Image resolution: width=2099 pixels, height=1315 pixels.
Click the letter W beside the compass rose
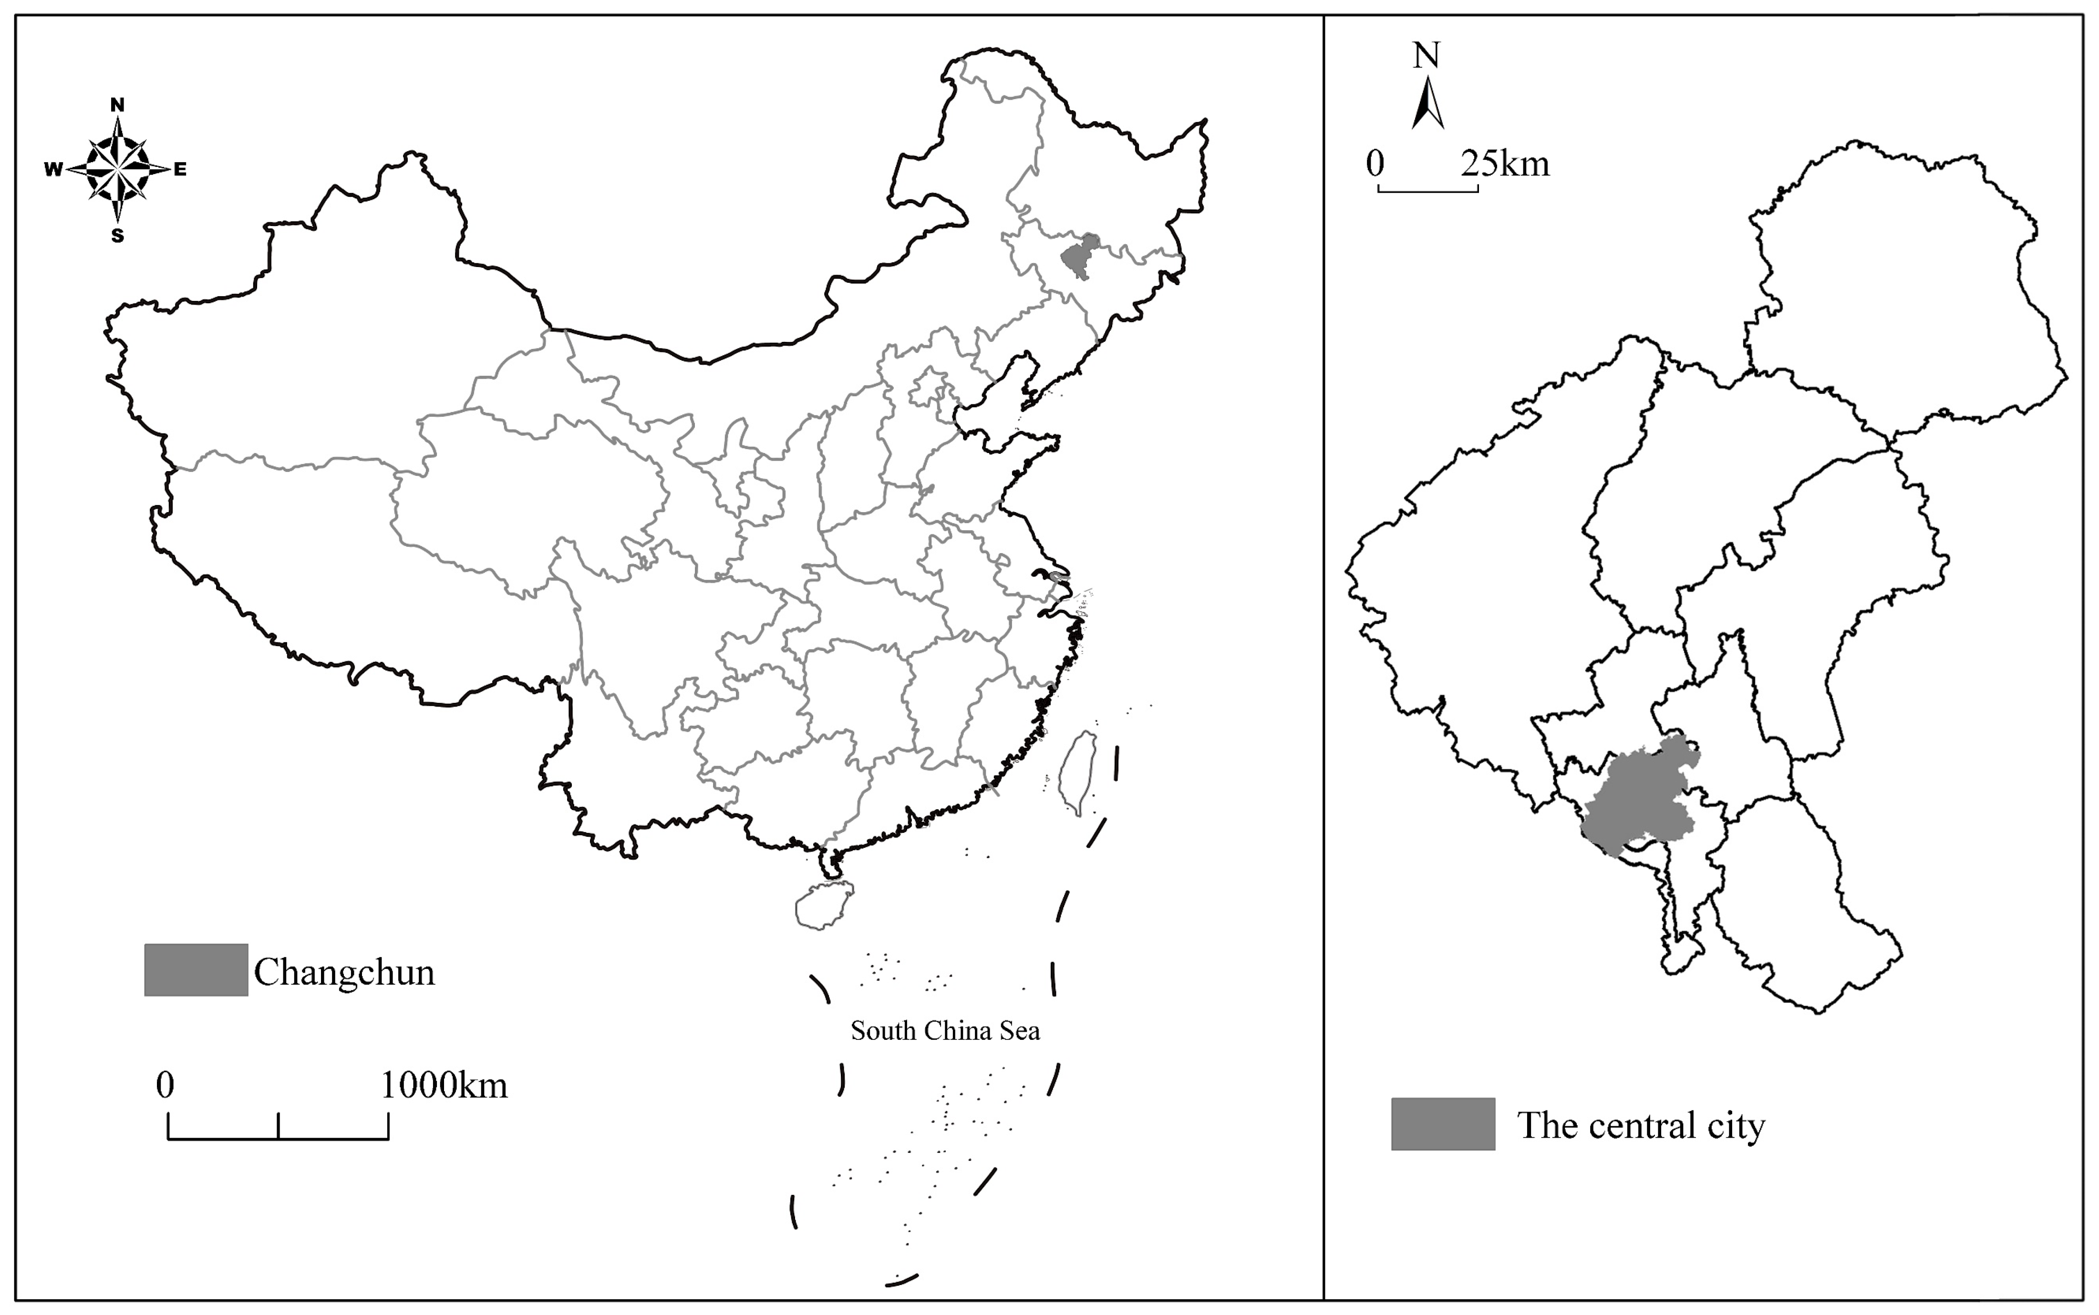coord(53,170)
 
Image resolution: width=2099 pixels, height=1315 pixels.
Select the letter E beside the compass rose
coord(180,170)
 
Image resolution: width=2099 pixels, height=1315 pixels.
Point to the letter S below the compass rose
coord(117,236)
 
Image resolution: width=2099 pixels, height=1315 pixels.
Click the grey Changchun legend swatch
coord(196,970)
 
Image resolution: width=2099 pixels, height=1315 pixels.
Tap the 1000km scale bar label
coord(444,1085)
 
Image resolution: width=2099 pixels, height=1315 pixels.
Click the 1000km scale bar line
coord(279,1138)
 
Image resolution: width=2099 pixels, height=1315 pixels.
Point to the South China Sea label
coord(945,1031)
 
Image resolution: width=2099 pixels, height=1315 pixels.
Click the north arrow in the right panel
coord(1427,104)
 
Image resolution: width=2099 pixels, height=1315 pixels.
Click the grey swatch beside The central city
coord(1442,1124)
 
